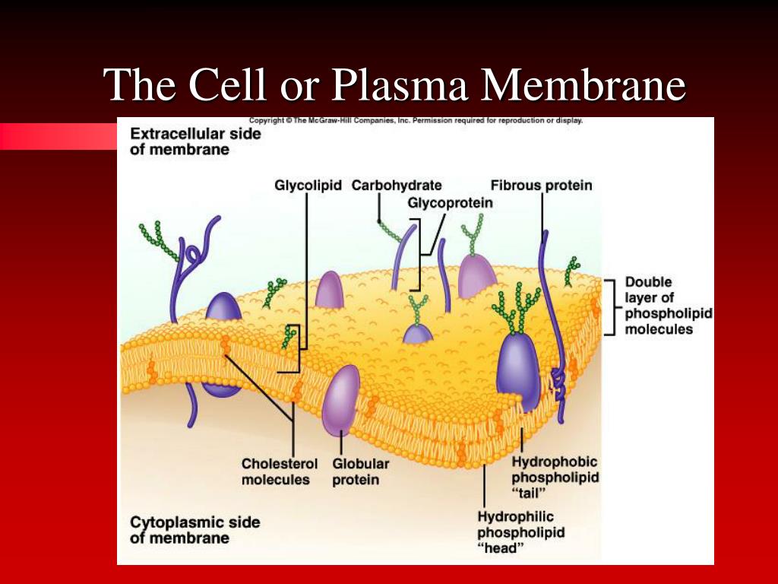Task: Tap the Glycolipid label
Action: click(x=308, y=186)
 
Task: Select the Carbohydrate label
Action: click(x=397, y=186)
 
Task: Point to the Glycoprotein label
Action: click(x=450, y=203)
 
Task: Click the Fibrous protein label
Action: click(x=541, y=186)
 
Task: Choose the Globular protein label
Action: click(x=360, y=471)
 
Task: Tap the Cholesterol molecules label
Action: click(x=275, y=471)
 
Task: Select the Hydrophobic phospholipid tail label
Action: click(x=555, y=477)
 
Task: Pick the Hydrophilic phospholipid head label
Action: click(x=520, y=533)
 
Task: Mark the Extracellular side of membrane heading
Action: click(x=195, y=141)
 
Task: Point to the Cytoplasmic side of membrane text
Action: click(x=194, y=530)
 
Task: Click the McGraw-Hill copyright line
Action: click(x=416, y=120)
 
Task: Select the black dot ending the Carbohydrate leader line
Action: click(x=378, y=221)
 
